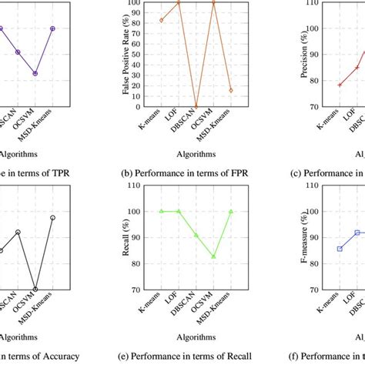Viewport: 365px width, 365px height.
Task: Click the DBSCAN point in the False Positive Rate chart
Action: coord(196,105)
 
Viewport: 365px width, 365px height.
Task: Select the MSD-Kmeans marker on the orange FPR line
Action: coord(231,90)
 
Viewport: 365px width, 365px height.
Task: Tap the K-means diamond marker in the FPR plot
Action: coord(161,20)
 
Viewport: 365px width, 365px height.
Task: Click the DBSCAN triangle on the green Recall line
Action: coord(196,235)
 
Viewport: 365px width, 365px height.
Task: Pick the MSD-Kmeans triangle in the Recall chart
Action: coord(231,211)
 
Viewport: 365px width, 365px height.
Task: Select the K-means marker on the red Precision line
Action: coord(340,84)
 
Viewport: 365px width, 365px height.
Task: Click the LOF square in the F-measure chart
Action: coord(357,232)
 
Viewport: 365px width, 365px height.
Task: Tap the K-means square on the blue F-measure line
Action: coord(340,249)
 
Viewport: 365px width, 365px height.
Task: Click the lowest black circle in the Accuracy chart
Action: coord(35,290)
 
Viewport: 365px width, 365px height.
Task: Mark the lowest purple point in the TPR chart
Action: coord(35,73)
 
